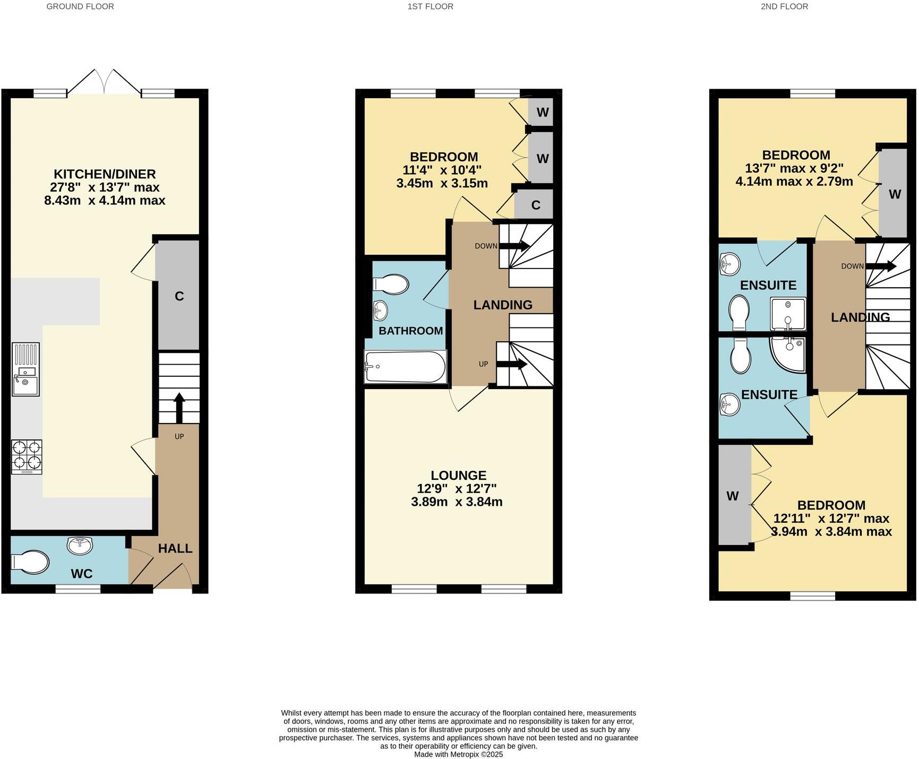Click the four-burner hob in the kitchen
[27, 456]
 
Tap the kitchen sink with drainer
[25, 369]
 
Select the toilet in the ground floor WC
[30, 562]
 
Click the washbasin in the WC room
[80, 546]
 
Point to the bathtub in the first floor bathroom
[405, 366]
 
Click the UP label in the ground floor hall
[179, 436]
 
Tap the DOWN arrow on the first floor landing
[514, 246]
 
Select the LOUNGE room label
[458, 475]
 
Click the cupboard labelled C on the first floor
[535, 205]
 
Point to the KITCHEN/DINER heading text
[105, 174]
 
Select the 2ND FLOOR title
[784, 6]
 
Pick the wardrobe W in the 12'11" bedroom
[733, 496]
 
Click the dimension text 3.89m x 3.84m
[457, 502]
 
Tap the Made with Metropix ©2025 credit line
[458, 754]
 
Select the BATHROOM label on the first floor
[410, 331]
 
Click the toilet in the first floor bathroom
[392, 284]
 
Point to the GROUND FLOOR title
[80, 6]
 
